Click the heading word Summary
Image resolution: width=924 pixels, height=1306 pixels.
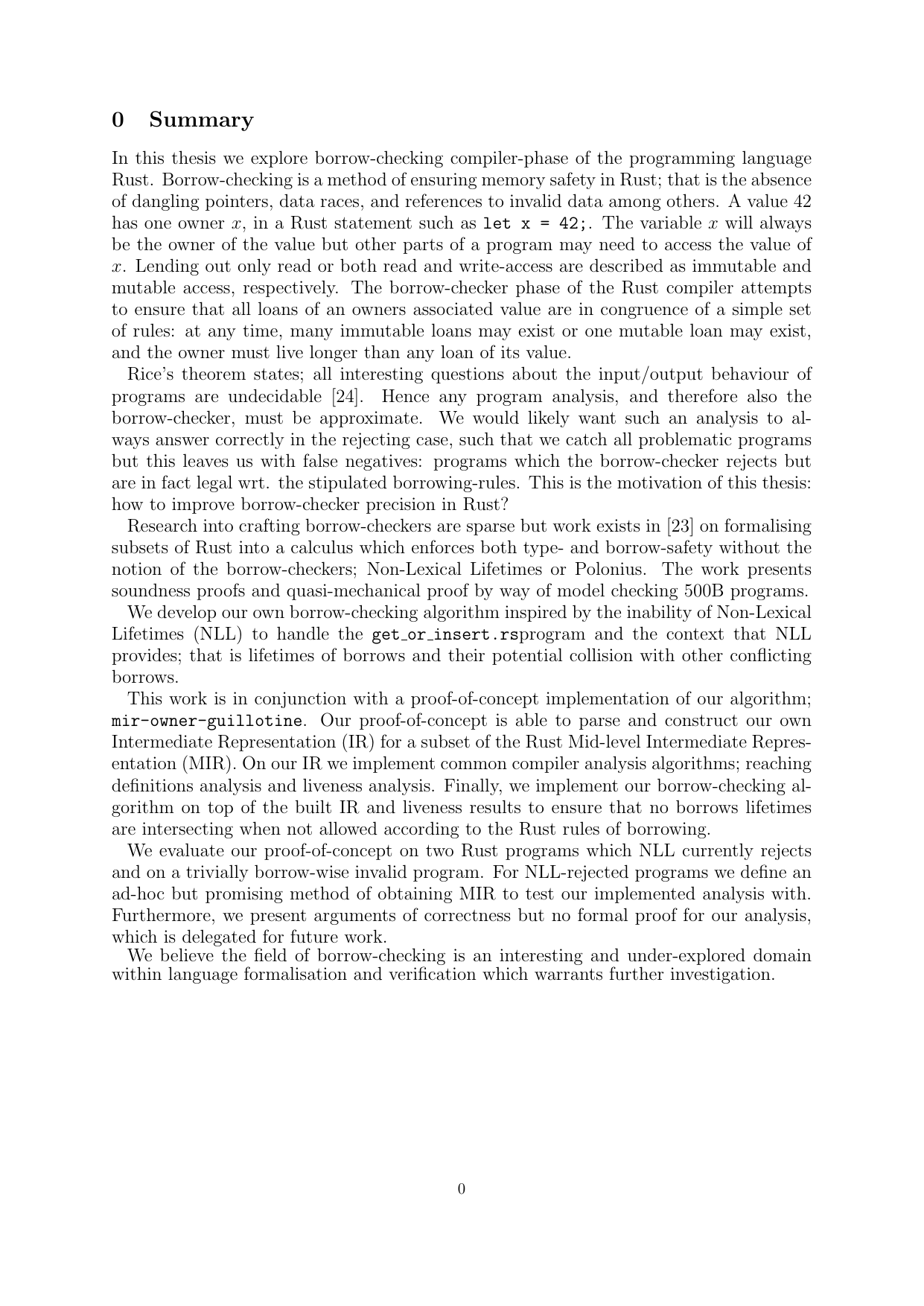pyautogui.click(x=201, y=120)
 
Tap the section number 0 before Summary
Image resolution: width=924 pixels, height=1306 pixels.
pyautogui.click(x=118, y=120)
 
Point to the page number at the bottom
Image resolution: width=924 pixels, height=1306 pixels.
pyautogui.click(x=462, y=1189)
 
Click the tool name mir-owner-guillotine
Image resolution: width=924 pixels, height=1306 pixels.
pyautogui.click(x=207, y=721)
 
